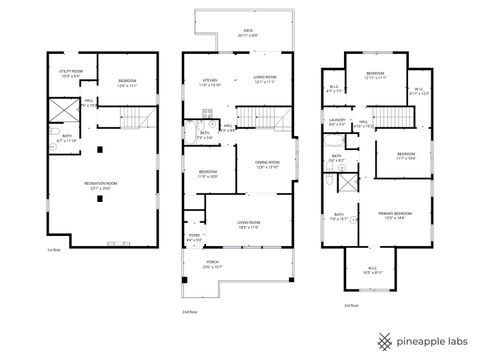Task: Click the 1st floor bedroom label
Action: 126,82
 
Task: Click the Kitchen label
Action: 211,81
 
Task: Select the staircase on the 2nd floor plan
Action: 283,122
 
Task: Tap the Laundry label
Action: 336,123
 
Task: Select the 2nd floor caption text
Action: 190,313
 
